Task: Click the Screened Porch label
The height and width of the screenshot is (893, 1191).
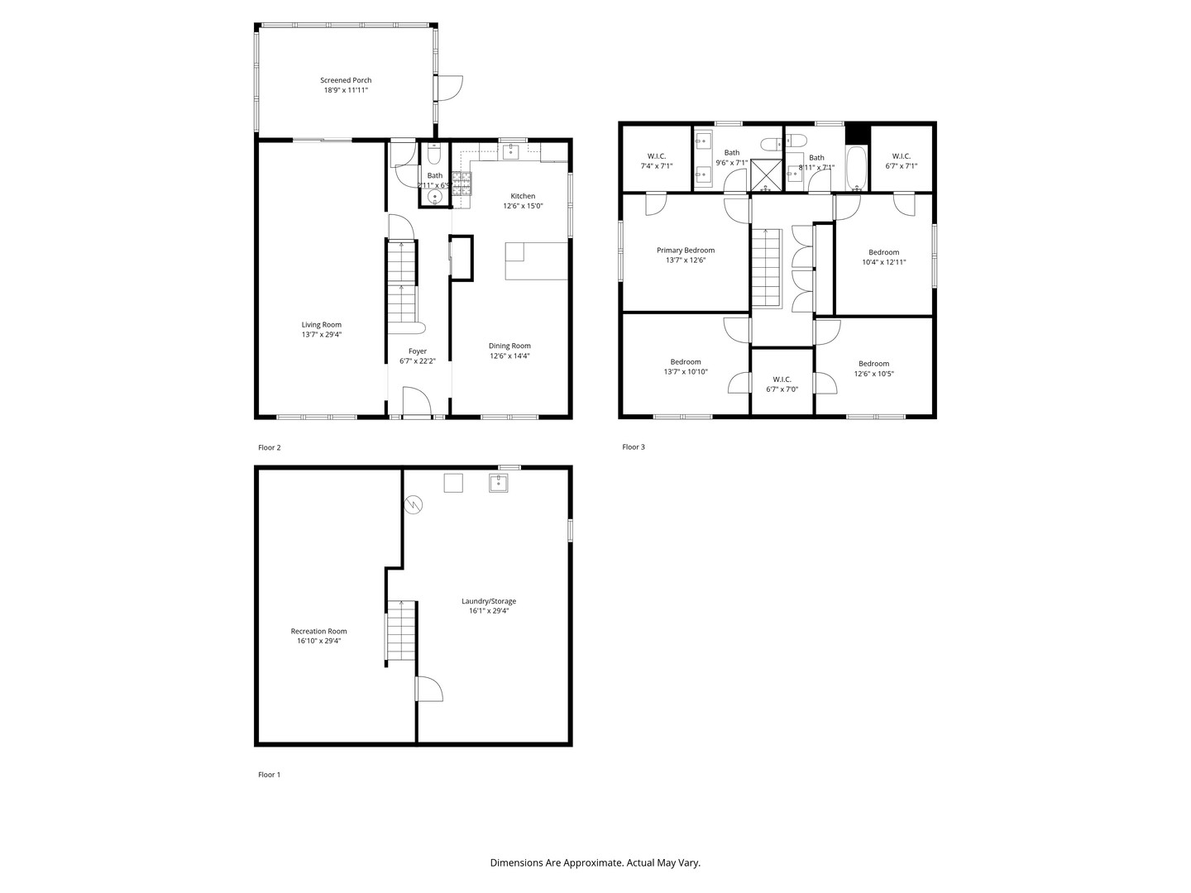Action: click(x=346, y=80)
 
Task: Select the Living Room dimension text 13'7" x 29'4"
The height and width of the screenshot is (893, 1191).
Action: click(x=321, y=335)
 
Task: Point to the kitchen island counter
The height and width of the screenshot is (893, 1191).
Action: click(x=536, y=261)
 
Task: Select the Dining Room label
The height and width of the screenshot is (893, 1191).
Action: click(x=509, y=346)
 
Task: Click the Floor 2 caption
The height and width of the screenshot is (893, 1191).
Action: click(x=270, y=447)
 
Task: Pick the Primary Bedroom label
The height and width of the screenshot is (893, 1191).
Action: click(x=685, y=250)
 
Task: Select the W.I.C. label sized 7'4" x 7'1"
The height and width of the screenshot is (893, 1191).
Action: click(x=657, y=155)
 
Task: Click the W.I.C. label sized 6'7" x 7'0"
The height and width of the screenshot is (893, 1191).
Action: click(x=782, y=380)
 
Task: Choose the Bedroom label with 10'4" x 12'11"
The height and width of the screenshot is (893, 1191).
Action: click(x=883, y=252)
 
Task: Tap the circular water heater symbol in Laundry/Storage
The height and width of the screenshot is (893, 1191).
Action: click(x=414, y=504)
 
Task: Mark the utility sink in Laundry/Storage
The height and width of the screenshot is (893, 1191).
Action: click(x=498, y=484)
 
